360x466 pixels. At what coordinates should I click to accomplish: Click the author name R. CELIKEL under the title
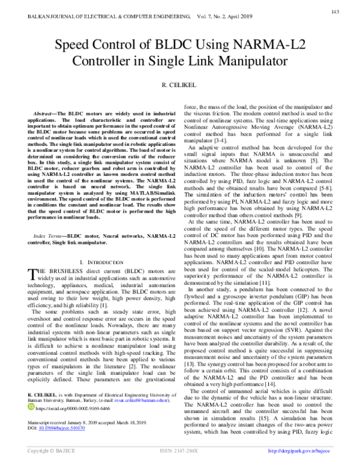coord(179,86)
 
